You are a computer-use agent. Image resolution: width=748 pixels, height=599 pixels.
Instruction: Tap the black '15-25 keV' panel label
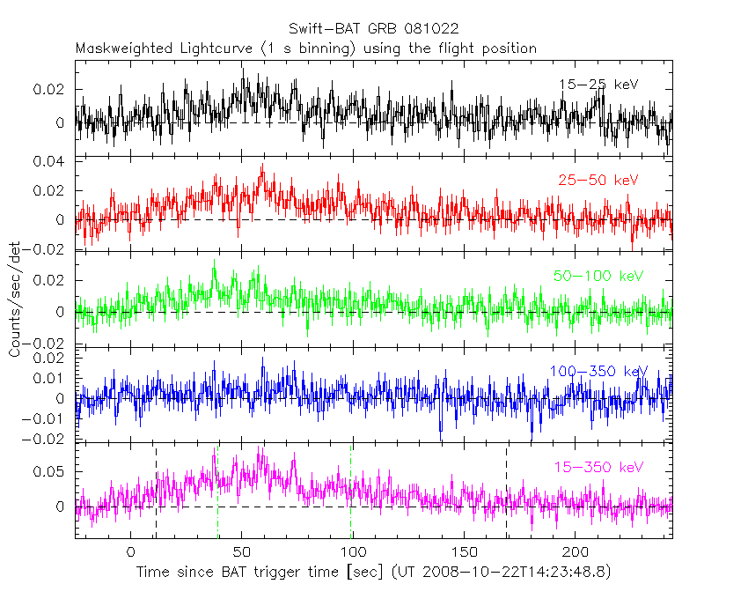(598, 85)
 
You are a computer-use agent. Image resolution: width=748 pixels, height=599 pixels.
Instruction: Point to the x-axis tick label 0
(130, 553)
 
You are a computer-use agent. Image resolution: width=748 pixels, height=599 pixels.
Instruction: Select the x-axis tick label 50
(242, 553)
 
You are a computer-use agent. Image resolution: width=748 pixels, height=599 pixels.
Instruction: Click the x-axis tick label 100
(354, 553)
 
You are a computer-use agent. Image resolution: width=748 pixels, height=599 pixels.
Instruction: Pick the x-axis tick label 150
(466, 553)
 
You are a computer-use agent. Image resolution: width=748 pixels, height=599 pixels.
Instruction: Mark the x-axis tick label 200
(576, 553)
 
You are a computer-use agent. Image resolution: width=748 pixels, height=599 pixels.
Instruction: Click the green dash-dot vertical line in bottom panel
(351, 493)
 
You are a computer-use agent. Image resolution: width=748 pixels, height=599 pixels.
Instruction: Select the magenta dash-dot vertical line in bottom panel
(216, 493)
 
